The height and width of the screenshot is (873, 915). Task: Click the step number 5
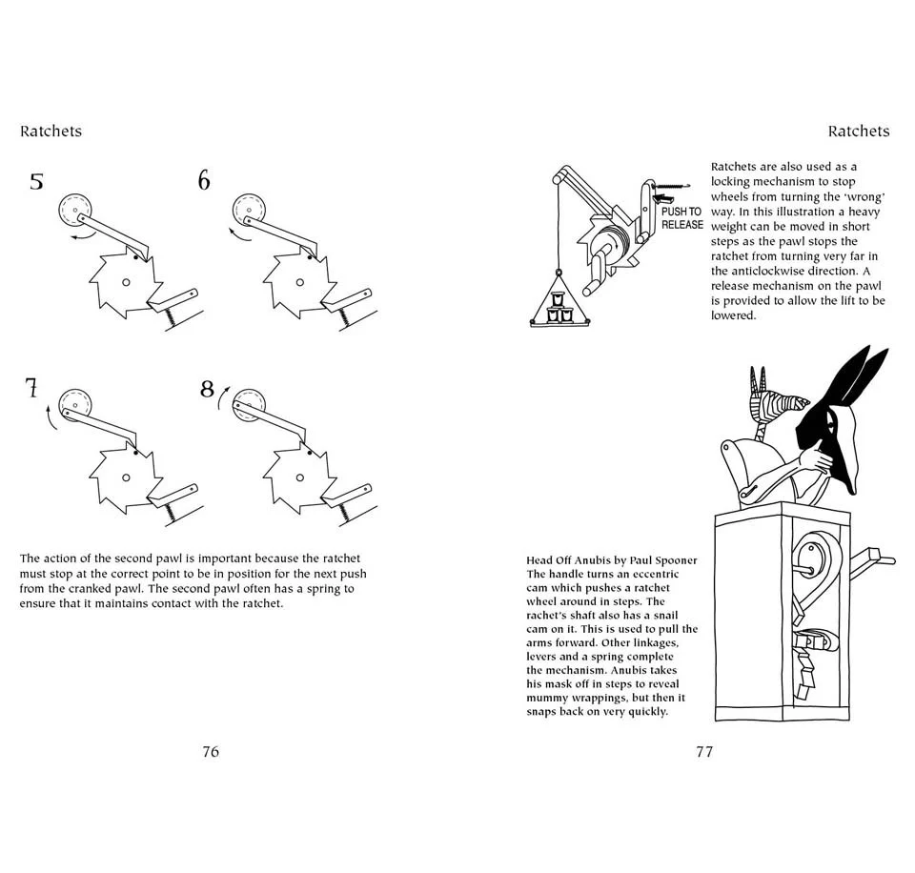tap(36, 181)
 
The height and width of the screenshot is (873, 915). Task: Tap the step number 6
tap(204, 180)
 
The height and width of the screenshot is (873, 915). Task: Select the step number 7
tap(31, 388)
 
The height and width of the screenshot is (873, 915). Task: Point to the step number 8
tap(207, 389)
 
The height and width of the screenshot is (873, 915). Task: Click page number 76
tap(211, 751)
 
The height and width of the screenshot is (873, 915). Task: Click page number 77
tap(704, 751)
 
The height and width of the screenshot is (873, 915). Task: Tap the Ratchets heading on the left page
tap(51, 132)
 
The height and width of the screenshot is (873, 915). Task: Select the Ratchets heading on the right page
tap(858, 132)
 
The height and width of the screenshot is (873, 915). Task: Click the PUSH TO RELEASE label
tap(681, 218)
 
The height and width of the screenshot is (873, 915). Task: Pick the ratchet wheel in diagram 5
tap(124, 282)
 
